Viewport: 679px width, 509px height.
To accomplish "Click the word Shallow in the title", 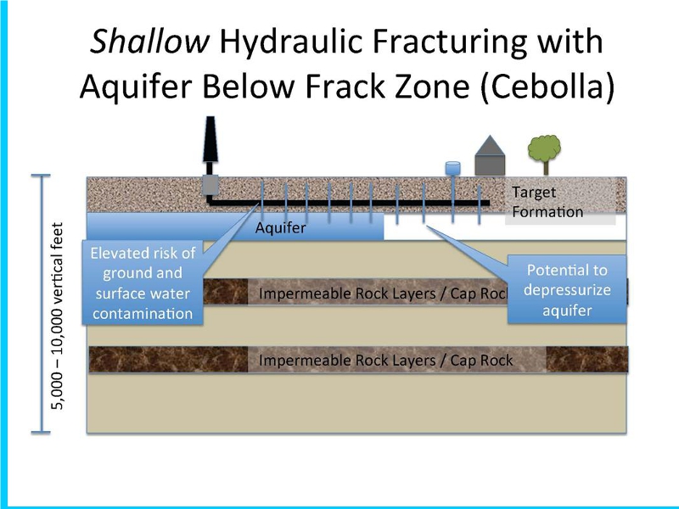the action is click(x=149, y=42).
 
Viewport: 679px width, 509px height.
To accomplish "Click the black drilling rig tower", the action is click(x=210, y=139).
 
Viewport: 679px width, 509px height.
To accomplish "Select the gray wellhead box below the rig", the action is click(x=210, y=185).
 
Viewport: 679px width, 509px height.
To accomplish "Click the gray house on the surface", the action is click(x=490, y=156).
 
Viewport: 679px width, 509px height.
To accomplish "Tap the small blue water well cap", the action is click(x=453, y=168).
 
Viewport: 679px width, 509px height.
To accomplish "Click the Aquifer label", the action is click(x=281, y=227).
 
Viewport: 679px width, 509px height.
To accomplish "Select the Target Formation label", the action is click(x=547, y=202).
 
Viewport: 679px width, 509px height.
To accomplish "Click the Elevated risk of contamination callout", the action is click(x=143, y=282).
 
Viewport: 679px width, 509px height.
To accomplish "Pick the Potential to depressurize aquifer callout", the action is click(x=567, y=289).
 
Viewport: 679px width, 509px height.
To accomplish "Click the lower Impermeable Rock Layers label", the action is click(x=386, y=360).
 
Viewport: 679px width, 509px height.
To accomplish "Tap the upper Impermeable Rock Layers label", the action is click(x=384, y=294).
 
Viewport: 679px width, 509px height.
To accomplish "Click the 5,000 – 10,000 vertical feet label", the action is click(x=57, y=316).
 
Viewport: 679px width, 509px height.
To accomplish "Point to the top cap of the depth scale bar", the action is click(x=41, y=176).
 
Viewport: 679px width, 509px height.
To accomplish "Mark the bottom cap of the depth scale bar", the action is click(x=41, y=432).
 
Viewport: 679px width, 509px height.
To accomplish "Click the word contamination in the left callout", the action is click(x=143, y=313).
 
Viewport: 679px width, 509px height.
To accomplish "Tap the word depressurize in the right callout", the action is click(x=567, y=290).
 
